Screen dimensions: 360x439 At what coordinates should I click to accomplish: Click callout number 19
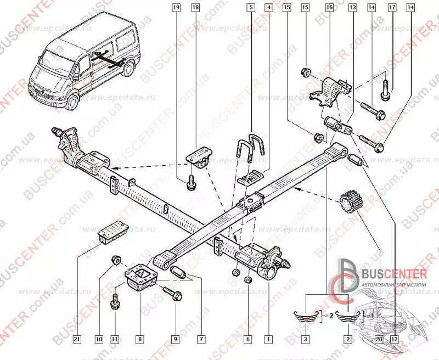pyautogui.click(x=176, y=8)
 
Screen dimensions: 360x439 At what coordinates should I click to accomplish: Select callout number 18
pyautogui.click(x=195, y=8)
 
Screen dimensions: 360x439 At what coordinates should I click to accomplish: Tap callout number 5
pyautogui.click(x=250, y=8)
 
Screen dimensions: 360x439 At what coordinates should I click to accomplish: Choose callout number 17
pyautogui.click(x=391, y=8)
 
